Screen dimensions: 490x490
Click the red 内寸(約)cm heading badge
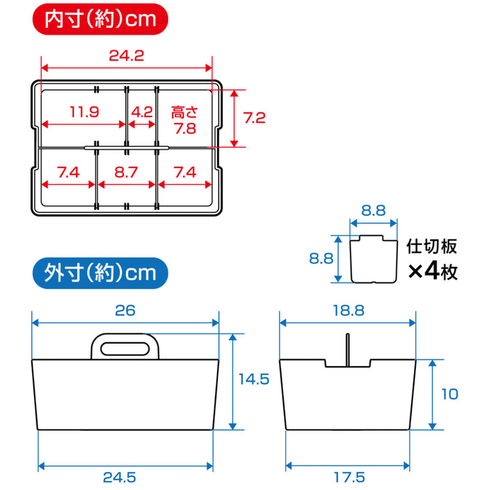click(96, 18)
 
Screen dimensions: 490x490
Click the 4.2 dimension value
click(142, 112)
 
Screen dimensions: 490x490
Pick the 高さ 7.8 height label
click(184, 120)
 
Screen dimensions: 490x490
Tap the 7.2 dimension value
click(254, 117)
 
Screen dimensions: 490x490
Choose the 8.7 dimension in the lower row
click(127, 172)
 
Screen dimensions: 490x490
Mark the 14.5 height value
click(254, 378)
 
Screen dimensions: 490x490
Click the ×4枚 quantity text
click(433, 272)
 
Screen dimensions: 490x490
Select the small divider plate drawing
click(374, 259)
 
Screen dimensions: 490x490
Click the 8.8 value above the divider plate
click(373, 211)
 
